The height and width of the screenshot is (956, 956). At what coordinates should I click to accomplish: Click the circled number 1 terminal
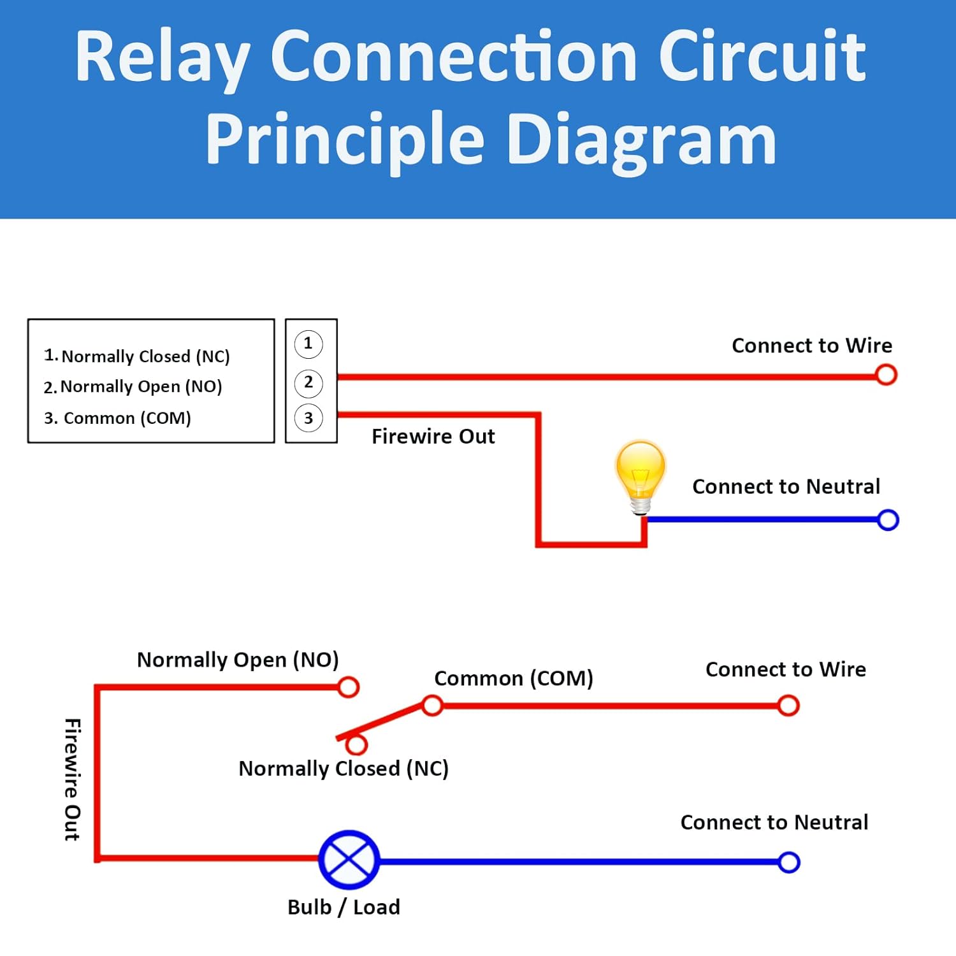308,344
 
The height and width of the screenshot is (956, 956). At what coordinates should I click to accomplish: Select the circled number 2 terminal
308,383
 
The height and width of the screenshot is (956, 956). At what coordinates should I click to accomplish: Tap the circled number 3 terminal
308,418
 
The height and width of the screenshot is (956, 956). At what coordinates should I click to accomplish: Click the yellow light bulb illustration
641,475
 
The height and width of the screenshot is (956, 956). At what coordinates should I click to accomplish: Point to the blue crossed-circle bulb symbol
349,860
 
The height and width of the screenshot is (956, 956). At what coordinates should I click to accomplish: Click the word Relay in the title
162,57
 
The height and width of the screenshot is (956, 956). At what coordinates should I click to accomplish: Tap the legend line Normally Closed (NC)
137,356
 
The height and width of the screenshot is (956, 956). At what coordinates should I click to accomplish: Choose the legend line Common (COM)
118,418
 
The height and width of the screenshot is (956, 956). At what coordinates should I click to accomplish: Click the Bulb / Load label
344,907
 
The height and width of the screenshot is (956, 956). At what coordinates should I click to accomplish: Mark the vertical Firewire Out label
73,779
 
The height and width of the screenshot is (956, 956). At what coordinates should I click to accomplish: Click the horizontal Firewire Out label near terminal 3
433,437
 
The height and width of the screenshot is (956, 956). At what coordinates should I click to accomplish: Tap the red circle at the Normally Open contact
348,687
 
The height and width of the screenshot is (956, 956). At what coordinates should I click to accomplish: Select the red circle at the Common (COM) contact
433,706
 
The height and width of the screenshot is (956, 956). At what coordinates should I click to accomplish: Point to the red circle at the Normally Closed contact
356,744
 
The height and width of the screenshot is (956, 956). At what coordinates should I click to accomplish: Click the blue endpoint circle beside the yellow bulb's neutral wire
887,520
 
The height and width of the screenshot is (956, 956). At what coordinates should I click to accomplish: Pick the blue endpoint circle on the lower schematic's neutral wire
788,862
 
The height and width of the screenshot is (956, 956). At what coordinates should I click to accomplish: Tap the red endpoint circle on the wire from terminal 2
886,375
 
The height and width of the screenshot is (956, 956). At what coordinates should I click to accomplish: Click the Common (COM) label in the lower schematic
513,678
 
